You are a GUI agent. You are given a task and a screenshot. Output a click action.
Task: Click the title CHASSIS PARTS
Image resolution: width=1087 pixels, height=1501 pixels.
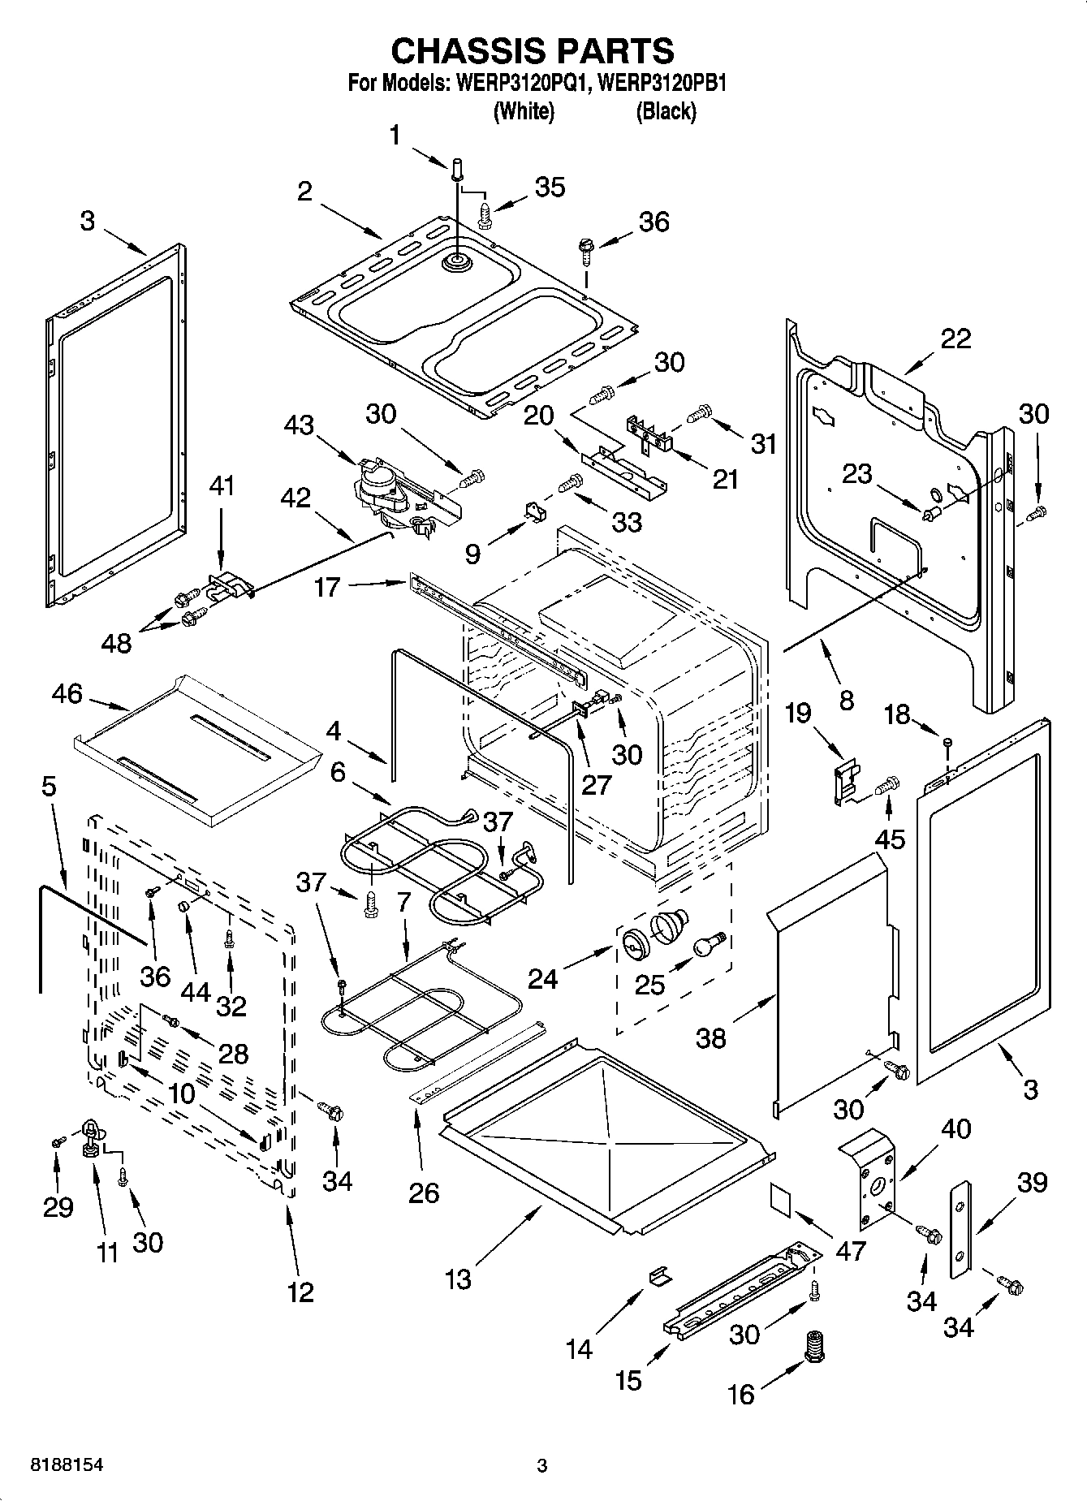point(533,50)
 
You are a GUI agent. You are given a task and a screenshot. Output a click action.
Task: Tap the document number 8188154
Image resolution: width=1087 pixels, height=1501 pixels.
point(67,1464)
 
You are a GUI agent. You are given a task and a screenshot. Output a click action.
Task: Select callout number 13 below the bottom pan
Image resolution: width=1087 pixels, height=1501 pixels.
point(458,1279)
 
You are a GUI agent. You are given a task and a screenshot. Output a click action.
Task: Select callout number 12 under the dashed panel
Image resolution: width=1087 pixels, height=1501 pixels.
point(300,1291)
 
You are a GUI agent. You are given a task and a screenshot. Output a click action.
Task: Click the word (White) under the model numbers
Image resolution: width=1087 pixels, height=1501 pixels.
point(524,111)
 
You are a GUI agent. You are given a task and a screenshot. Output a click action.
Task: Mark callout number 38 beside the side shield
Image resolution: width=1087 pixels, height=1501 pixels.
point(711,1037)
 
